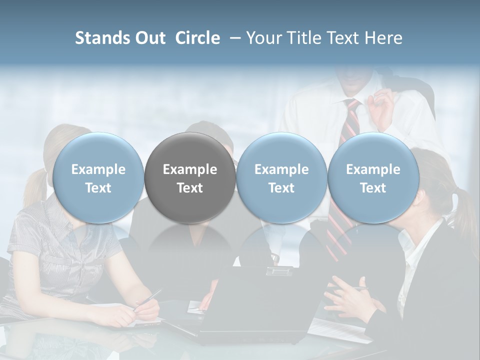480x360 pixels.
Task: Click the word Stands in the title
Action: pos(103,38)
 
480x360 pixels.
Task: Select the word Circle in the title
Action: pos(197,38)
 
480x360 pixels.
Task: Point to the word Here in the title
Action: pos(383,38)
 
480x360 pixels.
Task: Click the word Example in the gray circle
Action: pos(190,169)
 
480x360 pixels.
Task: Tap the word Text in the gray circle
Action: pos(190,188)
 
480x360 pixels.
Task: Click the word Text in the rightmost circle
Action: pos(373,188)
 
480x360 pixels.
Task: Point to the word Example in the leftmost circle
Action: pos(98,169)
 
